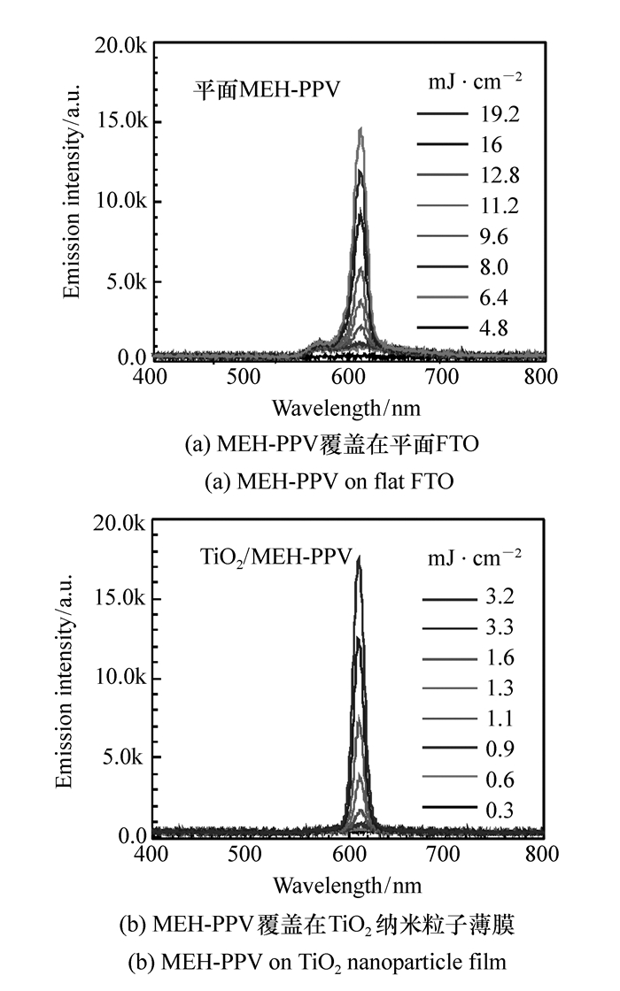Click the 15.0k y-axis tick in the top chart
coord(124,122)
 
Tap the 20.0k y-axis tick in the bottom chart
coord(124,522)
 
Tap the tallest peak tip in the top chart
coord(360,128)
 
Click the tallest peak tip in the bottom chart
coord(359,557)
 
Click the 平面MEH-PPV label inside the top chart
coord(267,89)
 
